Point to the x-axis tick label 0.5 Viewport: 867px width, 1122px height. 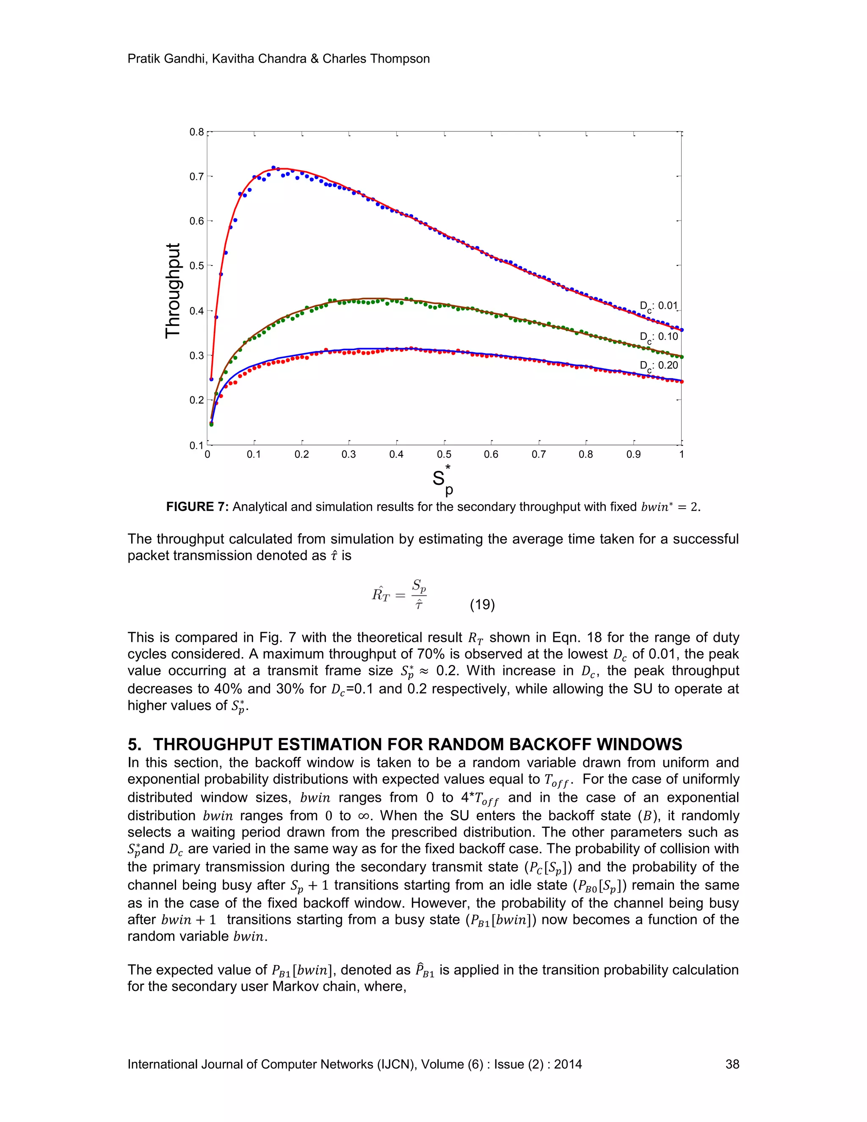click(x=444, y=455)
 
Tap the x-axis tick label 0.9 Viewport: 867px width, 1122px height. click(x=633, y=455)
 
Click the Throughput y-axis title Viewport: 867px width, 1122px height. click(x=173, y=290)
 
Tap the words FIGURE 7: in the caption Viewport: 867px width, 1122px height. click(x=197, y=507)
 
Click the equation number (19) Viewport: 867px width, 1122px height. click(x=482, y=605)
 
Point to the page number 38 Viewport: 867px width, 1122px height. click(x=732, y=1064)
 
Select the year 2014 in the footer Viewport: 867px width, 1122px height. click(x=568, y=1064)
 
